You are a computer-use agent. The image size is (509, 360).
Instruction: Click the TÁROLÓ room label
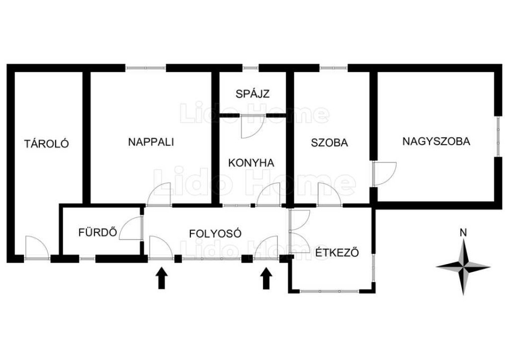47,144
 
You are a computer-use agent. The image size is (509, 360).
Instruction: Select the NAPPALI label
151,142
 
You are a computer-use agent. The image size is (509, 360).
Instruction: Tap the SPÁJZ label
253,93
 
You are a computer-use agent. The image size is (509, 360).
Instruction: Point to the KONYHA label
251,163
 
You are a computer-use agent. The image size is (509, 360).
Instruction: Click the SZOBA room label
330,143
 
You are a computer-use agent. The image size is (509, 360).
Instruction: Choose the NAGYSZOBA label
436,141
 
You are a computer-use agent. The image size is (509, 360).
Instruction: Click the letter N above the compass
463,232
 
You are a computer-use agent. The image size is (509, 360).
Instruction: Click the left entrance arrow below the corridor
161,278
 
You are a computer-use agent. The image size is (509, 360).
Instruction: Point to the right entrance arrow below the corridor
266,278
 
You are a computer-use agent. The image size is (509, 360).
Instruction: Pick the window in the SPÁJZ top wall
251,68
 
